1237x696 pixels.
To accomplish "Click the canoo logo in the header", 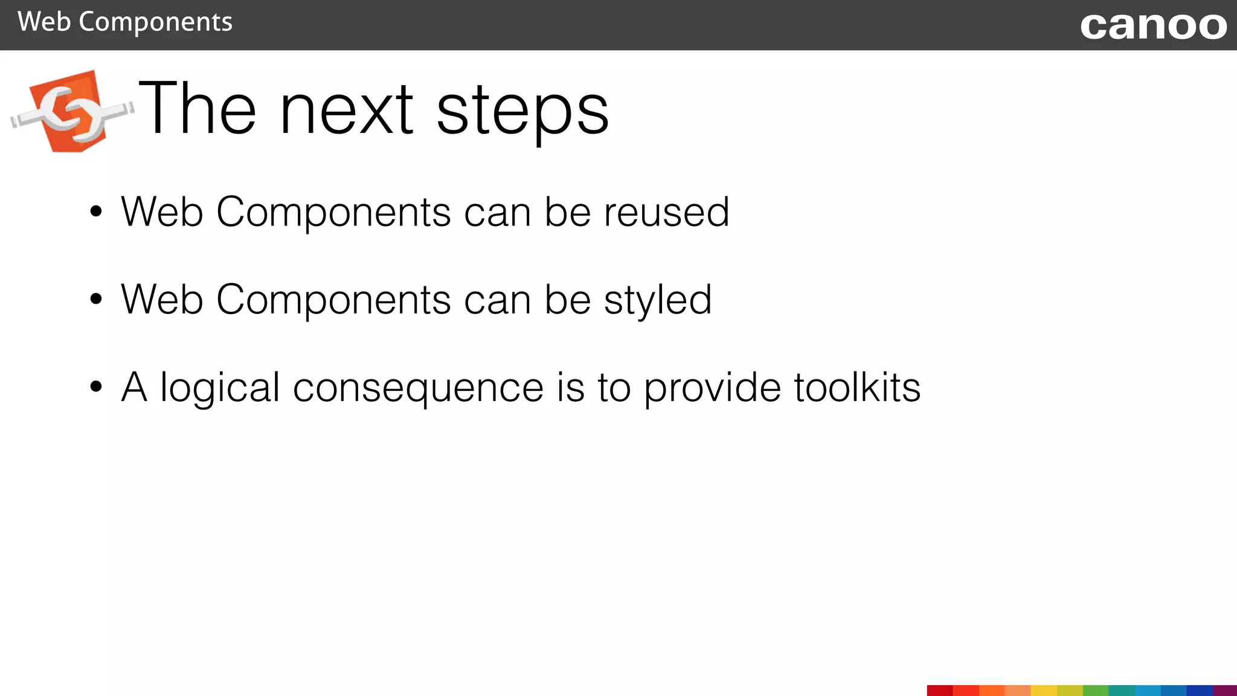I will (x=1153, y=26).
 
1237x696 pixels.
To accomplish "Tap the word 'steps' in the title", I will (x=522, y=110).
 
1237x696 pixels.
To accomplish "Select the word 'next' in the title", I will (x=347, y=110).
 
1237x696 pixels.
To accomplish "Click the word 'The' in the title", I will (x=198, y=109).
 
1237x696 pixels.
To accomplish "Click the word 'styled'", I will (x=658, y=300).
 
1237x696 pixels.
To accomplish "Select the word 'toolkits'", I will (x=857, y=387).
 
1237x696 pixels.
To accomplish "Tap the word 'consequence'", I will (x=418, y=388).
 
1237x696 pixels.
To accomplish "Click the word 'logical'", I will (x=220, y=388).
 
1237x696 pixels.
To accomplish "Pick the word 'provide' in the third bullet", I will (x=712, y=388).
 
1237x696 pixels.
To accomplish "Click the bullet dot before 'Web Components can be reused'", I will (x=95, y=212).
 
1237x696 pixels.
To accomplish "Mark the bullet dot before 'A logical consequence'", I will (x=95, y=387).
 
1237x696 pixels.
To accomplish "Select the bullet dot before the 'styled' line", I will (x=95, y=299).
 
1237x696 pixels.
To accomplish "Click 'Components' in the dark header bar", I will (x=155, y=23).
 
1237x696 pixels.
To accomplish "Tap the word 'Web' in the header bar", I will (x=44, y=22).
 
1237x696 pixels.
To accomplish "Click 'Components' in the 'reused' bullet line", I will (x=333, y=213).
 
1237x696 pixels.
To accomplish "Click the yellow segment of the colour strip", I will (x=1044, y=691).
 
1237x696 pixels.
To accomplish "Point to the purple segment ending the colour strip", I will (x=1225, y=691).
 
